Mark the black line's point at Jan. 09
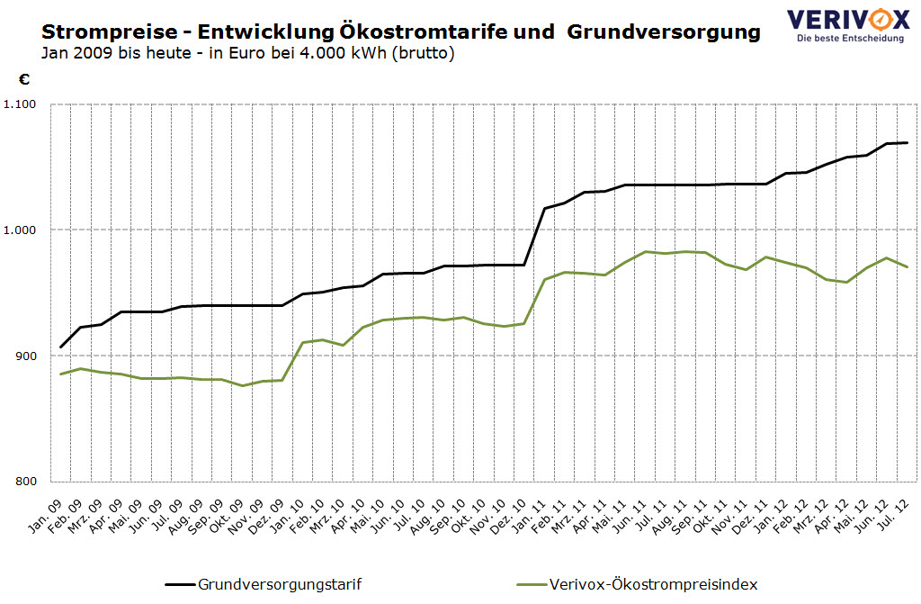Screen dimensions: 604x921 pyautogui.click(x=61, y=347)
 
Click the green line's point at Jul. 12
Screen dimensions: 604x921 pyautogui.click(x=908, y=266)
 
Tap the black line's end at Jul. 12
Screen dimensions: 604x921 pyautogui.click(x=908, y=142)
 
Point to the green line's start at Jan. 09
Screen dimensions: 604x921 pyautogui.click(x=61, y=374)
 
